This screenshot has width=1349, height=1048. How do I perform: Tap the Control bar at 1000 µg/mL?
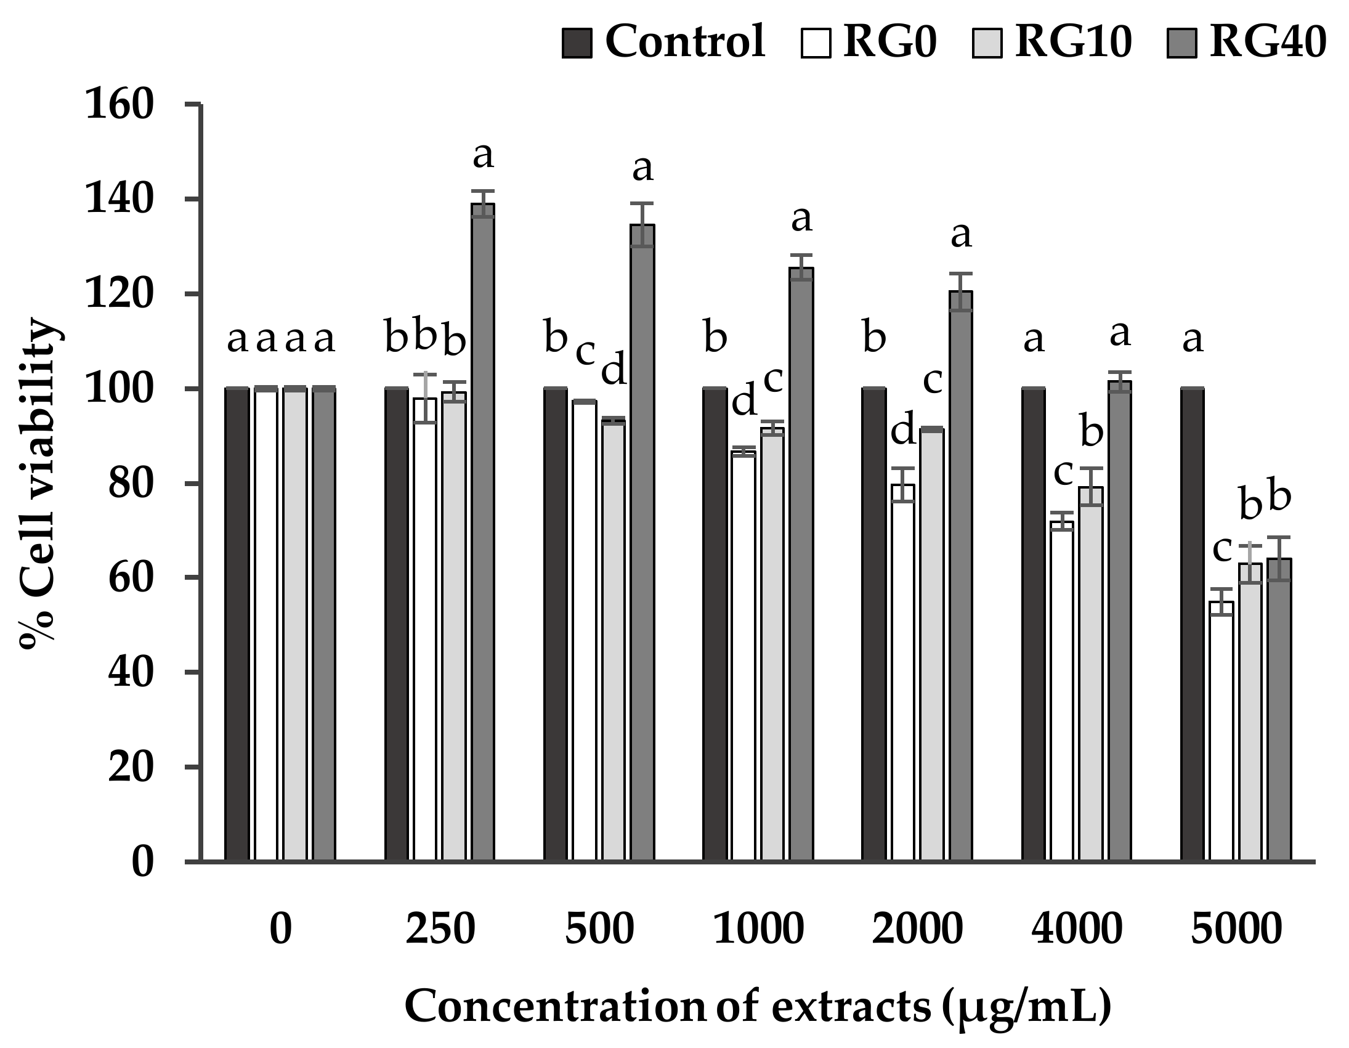coord(715,624)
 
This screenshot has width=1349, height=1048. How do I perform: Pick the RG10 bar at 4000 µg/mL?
coord(1091,673)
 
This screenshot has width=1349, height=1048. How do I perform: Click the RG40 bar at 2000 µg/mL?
coord(960,575)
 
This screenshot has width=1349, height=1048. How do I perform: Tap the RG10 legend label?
coord(1073,42)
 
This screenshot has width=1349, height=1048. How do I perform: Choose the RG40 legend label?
coord(1268,42)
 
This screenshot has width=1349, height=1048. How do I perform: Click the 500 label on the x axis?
coord(599,928)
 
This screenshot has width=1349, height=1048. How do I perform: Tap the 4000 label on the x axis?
coord(1077,928)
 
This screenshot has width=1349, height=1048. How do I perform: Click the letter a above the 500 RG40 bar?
coord(642,168)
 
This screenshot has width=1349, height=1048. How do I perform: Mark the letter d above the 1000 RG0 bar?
coord(743,400)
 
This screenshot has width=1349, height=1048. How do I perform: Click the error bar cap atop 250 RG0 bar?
coord(425,375)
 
